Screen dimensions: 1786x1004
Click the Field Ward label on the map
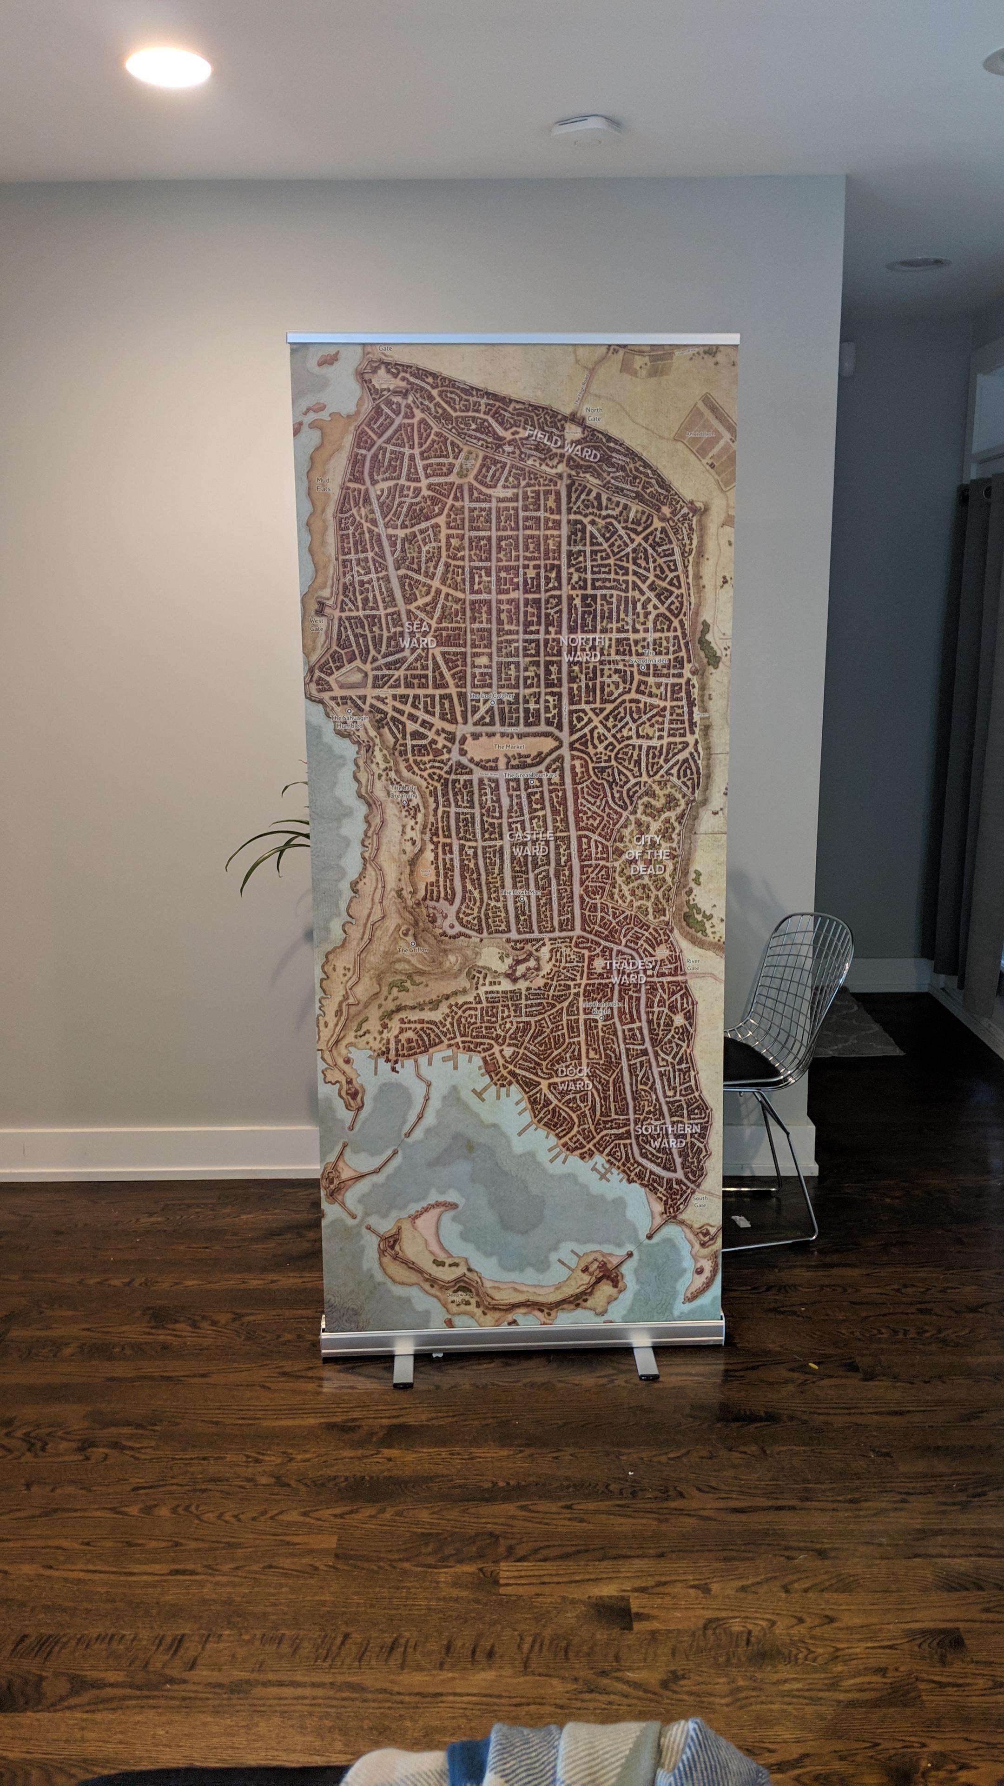tap(562, 445)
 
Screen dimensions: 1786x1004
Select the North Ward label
tap(582, 649)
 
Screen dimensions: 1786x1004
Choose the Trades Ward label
tap(628, 971)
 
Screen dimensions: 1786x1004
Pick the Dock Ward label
tap(575, 1078)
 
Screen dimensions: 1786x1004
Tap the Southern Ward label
tap(667, 1136)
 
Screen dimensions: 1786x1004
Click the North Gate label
tap(594, 414)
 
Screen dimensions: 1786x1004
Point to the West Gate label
tap(317, 625)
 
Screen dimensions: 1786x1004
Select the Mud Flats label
tap(324, 484)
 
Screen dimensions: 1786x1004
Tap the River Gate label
tap(693, 965)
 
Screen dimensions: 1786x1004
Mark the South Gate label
tap(700, 1201)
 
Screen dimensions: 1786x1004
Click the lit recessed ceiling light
tap(168, 68)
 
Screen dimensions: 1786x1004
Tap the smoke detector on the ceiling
tap(586, 130)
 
